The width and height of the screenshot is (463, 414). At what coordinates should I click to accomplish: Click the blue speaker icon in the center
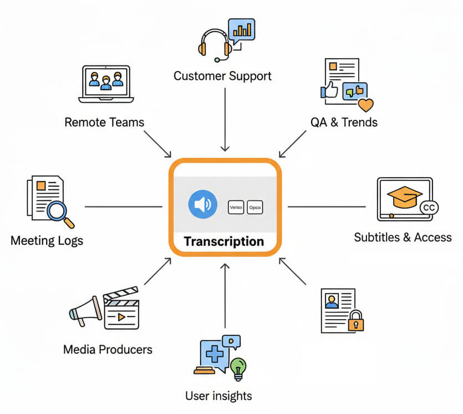(x=202, y=205)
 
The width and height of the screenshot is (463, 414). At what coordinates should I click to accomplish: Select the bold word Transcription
(x=223, y=241)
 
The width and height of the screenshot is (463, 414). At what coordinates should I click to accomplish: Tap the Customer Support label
(x=222, y=75)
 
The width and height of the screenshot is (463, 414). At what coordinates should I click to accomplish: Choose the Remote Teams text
(x=104, y=122)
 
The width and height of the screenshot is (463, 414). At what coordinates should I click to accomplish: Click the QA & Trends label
(x=344, y=122)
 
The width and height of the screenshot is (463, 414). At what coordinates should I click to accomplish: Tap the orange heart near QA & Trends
(x=365, y=104)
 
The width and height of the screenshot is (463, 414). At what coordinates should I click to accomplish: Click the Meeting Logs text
(x=47, y=241)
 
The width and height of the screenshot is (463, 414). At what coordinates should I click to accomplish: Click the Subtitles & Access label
(x=403, y=238)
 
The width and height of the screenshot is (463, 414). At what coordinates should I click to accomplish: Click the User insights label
(x=218, y=396)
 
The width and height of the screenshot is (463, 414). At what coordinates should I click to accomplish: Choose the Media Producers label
(x=108, y=349)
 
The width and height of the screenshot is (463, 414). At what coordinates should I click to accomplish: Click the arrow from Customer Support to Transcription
(x=225, y=119)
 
